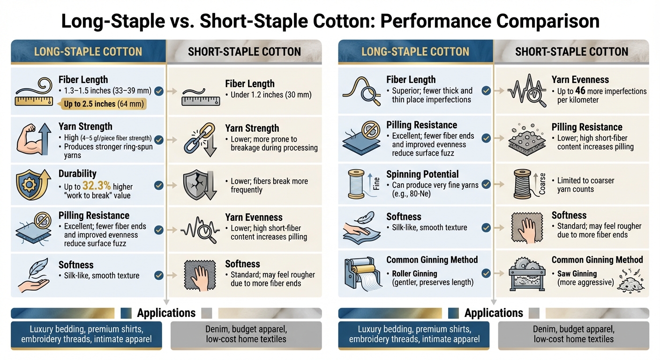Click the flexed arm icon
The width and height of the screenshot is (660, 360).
32,140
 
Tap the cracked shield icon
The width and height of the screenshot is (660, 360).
196,185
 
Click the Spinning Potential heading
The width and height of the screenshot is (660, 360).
422,174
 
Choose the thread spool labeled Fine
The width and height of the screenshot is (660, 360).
357,185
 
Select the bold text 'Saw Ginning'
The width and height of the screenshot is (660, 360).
577,274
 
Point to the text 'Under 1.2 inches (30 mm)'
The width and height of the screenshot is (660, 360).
271,95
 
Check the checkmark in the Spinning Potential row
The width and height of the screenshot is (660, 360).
486,184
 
